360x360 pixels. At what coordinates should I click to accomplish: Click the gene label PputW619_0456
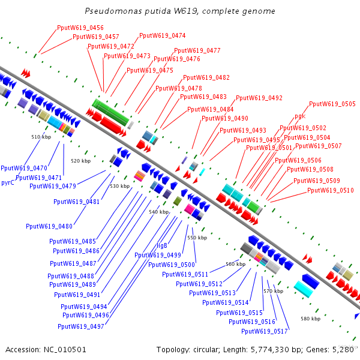pos(80,28)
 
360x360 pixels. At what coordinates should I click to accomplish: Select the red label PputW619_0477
pos(197,50)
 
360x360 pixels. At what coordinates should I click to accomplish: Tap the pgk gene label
pos(300,116)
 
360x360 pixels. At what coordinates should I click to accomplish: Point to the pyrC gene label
pos(8,182)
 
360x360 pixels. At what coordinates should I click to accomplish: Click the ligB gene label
pos(162,245)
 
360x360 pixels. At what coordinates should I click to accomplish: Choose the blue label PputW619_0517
pos(265,331)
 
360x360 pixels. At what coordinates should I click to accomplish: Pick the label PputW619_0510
pos(331,191)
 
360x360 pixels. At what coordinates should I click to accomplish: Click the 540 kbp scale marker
pos(159,212)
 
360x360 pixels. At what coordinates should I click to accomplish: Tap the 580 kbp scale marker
pos(311,319)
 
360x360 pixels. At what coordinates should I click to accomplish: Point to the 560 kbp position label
pos(235,264)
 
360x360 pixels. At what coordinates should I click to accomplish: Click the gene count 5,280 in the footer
pos(344,349)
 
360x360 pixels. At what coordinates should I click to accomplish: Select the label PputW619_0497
pos(81,327)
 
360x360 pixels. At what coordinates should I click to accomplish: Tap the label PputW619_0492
pos(259,98)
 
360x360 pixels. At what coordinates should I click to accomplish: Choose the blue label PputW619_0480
pos(49,226)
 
